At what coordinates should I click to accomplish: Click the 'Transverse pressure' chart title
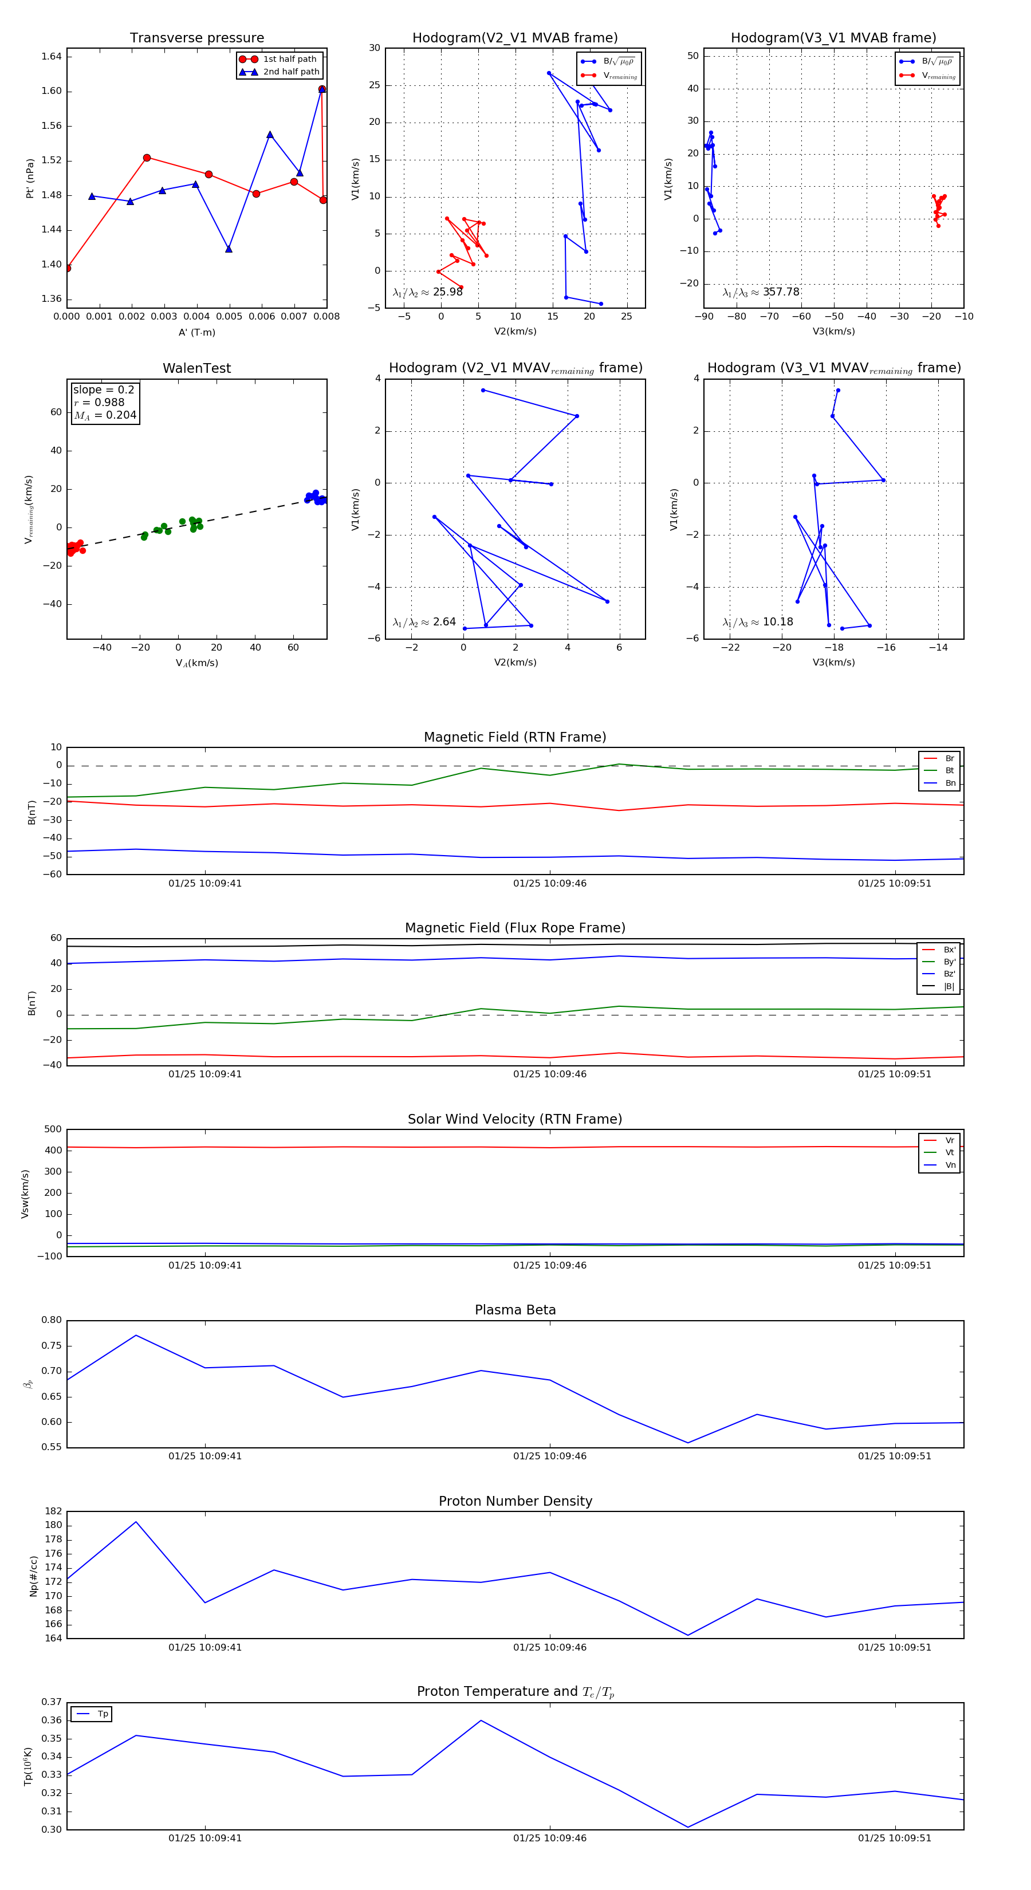(196, 38)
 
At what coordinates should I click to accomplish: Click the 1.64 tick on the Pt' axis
(52, 57)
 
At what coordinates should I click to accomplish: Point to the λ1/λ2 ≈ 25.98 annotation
(428, 292)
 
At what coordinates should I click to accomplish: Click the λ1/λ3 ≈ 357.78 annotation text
(761, 292)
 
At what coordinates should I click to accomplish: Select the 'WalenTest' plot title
(196, 368)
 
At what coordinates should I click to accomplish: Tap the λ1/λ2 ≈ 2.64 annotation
(424, 622)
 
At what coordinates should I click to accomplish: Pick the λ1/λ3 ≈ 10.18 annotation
(757, 622)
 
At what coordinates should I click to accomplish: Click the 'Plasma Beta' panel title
(515, 1310)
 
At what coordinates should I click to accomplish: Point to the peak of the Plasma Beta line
(136, 1336)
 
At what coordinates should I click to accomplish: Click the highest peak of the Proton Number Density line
(136, 1522)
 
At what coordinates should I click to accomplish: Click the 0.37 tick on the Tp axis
(52, 1702)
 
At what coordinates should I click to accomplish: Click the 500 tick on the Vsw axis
(53, 1129)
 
